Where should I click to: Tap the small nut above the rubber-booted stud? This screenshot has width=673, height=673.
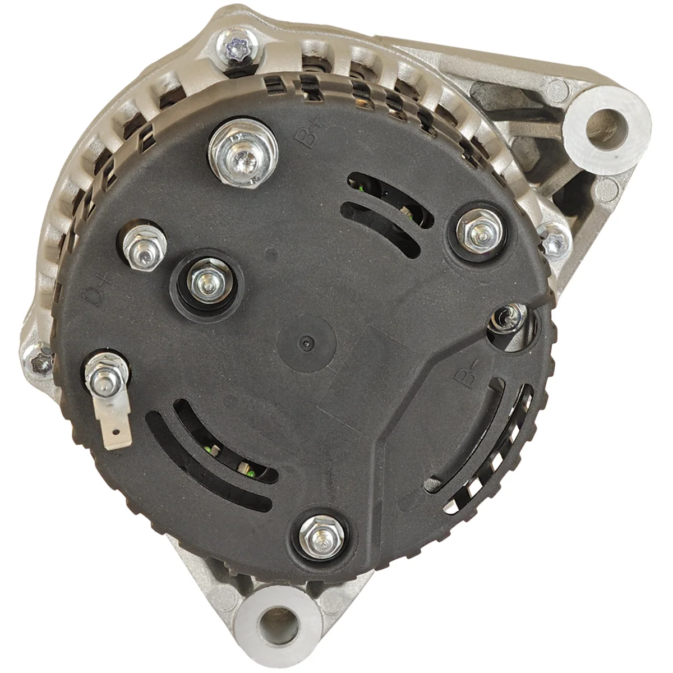144,248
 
